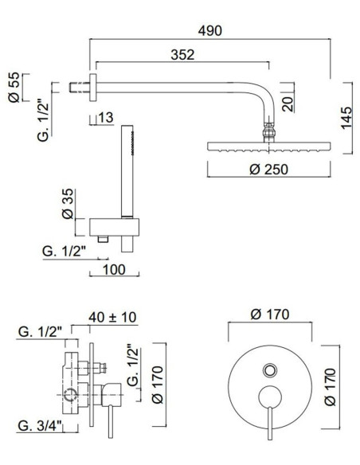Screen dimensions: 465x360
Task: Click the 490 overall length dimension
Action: pos(211,30)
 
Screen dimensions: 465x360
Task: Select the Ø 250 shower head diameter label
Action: pos(267,170)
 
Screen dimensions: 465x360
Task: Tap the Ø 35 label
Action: pos(69,206)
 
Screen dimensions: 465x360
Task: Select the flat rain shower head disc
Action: pos(266,147)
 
